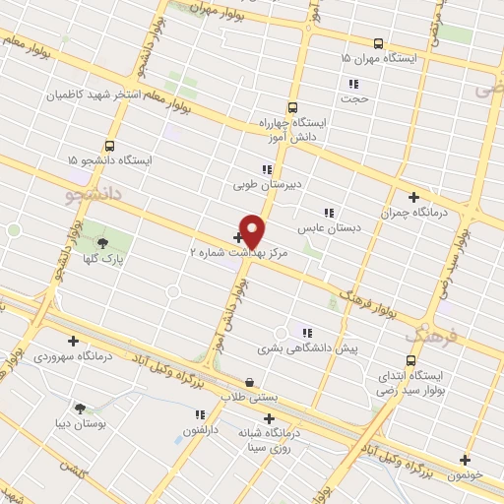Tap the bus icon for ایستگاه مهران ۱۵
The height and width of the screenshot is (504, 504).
(x=378, y=43)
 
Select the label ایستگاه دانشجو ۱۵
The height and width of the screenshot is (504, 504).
(x=109, y=159)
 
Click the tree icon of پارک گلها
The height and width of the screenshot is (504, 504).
(x=101, y=242)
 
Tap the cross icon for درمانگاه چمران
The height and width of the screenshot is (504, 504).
(x=413, y=197)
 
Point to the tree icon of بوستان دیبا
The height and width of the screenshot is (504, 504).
(x=80, y=408)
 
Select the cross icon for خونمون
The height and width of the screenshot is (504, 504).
(x=465, y=459)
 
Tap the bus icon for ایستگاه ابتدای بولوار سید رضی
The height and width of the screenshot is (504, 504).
(x=412, y=360)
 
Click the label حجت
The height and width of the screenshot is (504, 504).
(x=352, y=98)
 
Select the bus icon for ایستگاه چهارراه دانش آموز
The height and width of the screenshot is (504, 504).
(x=292, y=108)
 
